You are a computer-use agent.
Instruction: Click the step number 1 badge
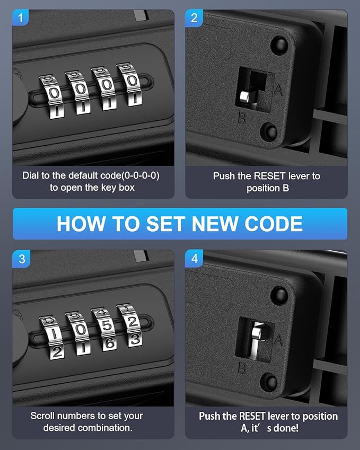[20, 18]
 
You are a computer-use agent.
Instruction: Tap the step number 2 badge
[194, 18]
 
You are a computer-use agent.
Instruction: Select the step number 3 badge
[21, 259]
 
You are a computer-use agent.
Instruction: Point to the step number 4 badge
[194, 259]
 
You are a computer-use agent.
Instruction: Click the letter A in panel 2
[278, 90]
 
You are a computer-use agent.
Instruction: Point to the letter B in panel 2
[242, 117]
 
